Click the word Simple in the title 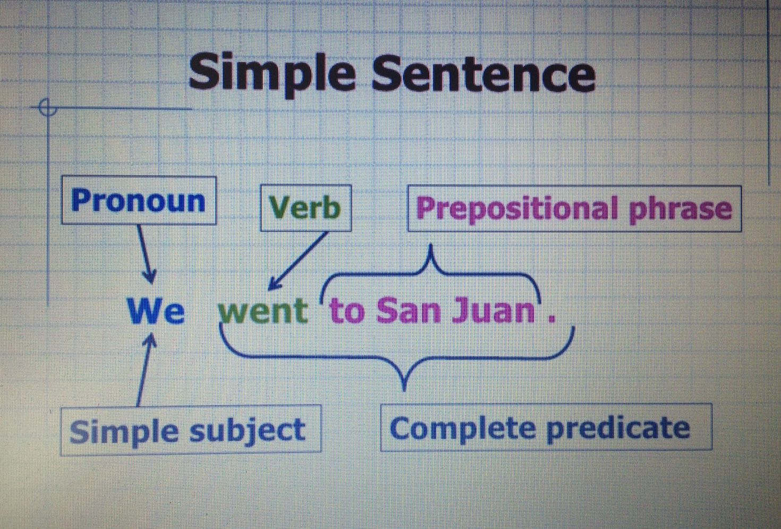click(271, 74)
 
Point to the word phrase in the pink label click(680, 209)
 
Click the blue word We click(156, 310)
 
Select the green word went click(263, 310)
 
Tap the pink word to click(347, 310)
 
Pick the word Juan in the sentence click(494, 310)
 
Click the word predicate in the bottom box click(618, 428)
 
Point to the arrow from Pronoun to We click(146, 254)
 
